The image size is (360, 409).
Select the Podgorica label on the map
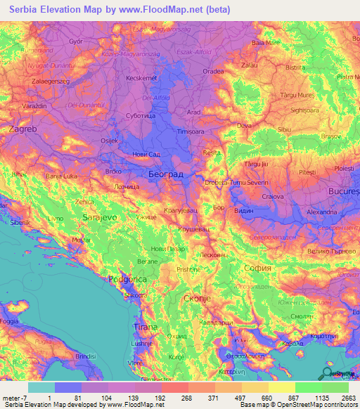tap(128, 279)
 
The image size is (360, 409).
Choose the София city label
tap(256, 268)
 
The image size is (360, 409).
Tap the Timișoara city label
tap(195, 131)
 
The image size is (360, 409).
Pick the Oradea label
tap(213, 71)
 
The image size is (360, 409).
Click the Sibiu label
tap(285, 129)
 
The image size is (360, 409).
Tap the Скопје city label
tap(196, 299)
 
